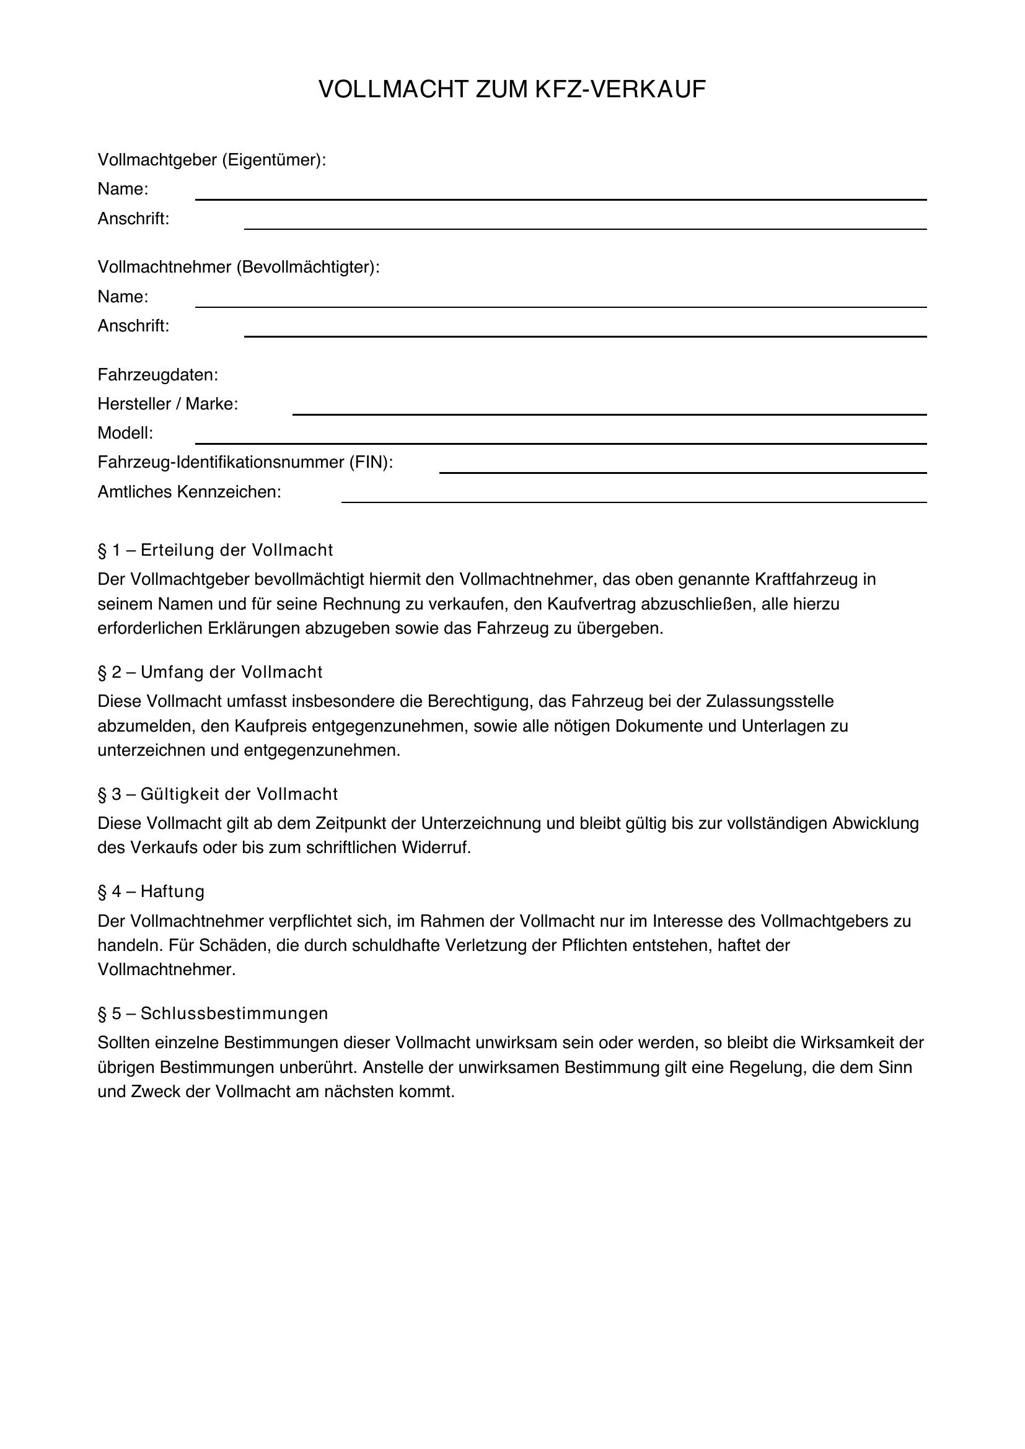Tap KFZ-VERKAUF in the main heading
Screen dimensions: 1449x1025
point(620,90)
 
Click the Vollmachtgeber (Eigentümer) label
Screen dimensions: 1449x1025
point(211,160)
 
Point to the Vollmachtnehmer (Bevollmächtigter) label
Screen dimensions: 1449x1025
point(239,267)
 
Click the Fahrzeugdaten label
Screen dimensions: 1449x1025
point(158,375)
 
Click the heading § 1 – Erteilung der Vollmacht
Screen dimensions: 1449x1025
point(215,550)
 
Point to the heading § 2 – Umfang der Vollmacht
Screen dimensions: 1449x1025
point(210,672)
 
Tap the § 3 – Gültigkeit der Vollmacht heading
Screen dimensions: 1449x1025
point(218,794)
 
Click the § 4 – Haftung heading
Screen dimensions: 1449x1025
point(151,891)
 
